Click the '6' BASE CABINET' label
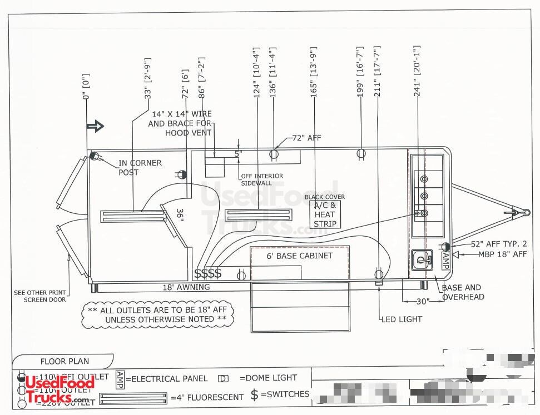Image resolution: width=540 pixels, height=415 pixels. click(300, 256)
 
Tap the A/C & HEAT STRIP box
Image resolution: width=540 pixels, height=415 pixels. click(325, 214)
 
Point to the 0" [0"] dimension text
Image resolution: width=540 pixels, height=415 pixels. click(86, 87)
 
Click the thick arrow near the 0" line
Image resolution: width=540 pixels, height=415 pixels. click(96, 126)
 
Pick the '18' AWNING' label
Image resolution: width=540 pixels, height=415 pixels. click(186, 287)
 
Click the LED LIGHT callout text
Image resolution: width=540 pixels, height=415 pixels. click(402, 319)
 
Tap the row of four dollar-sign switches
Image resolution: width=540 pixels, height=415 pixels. click(208, 273)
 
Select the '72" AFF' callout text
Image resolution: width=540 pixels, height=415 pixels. click(306, 138)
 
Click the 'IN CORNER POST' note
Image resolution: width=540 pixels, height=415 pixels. click(140, 167)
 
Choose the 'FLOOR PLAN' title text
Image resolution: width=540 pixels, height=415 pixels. click(64, 362)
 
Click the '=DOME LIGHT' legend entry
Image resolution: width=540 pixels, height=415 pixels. click(268, 378)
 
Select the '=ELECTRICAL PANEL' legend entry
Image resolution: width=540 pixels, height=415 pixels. click(167, 378)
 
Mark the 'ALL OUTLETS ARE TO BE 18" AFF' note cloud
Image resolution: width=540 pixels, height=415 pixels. click(157, 314)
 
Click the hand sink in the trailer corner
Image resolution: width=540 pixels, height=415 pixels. click(423, 259)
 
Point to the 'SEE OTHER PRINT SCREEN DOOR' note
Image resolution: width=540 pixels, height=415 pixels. click(39, 296)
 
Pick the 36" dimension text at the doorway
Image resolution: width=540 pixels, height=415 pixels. click(180, 215)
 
